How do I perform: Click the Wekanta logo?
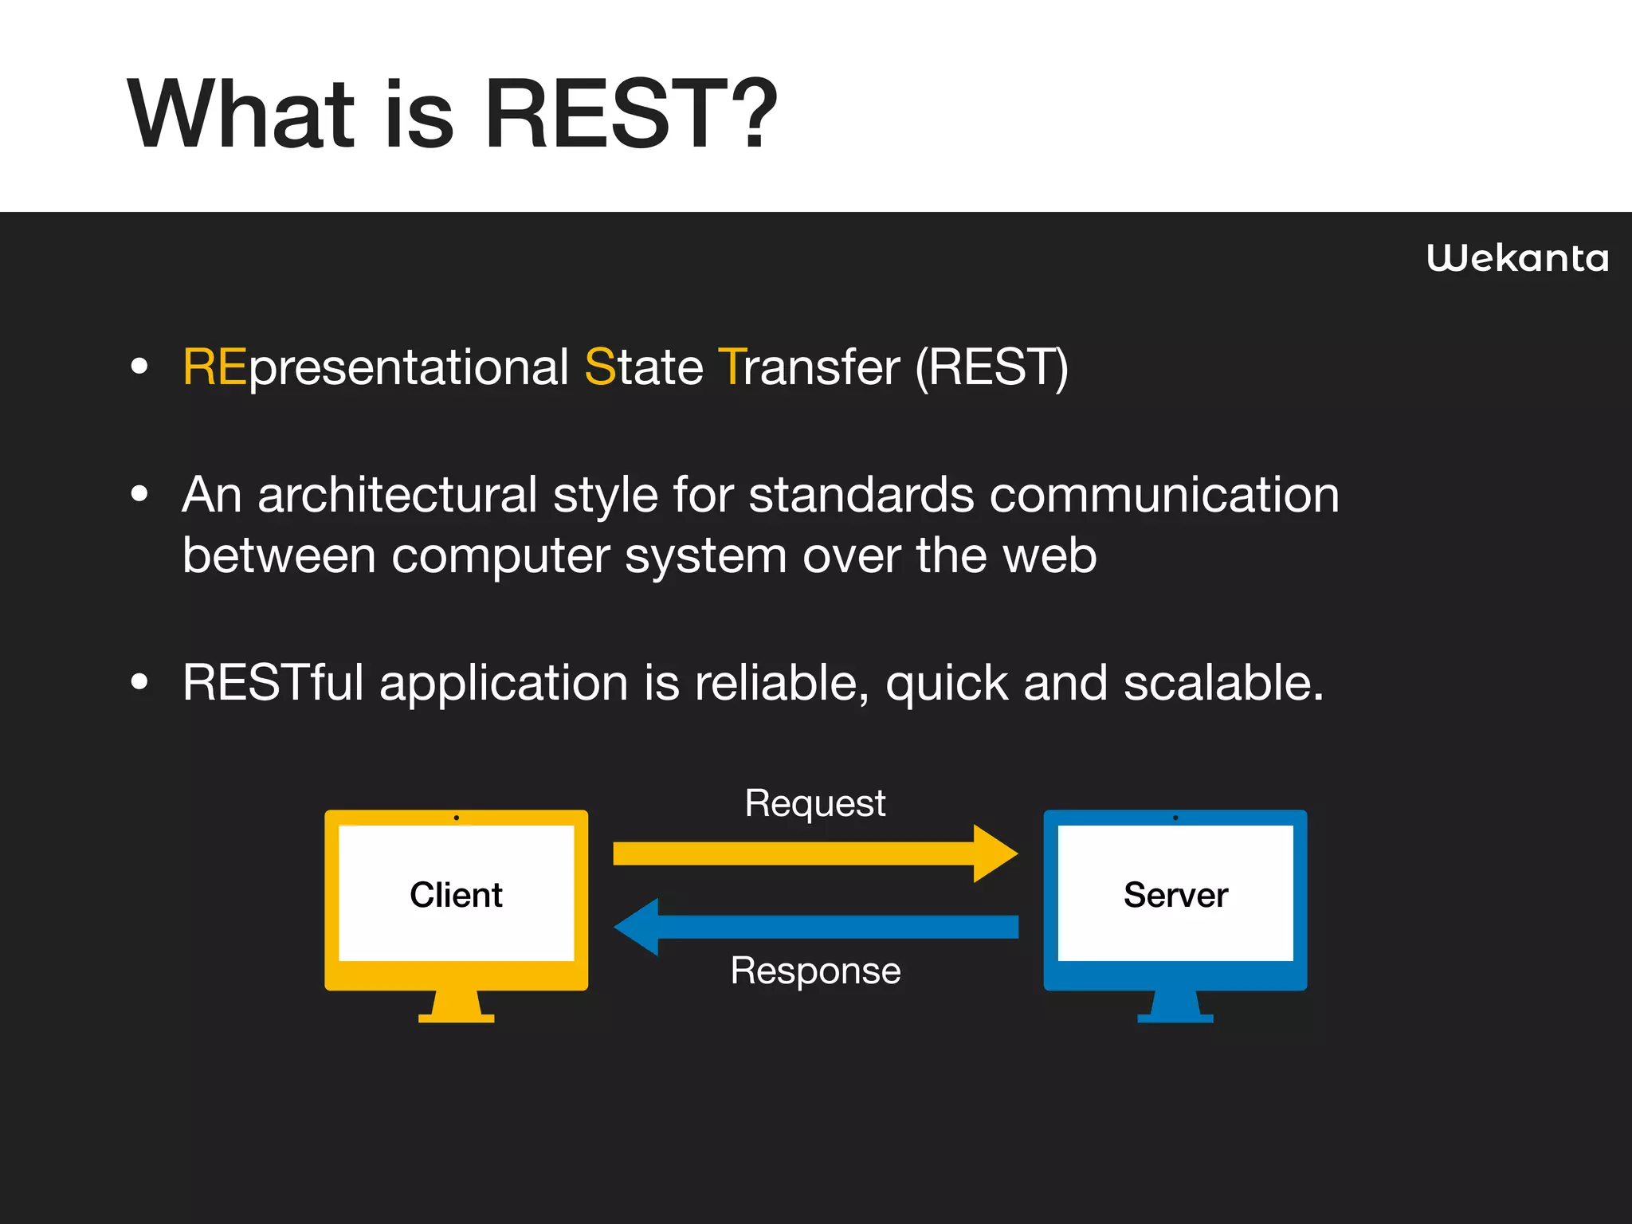click(x=1517, y=258)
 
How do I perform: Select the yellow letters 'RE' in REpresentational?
click(x=214, y=367)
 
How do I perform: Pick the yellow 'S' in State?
click(x=601, y=367)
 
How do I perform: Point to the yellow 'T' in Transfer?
click(x=732, y=367)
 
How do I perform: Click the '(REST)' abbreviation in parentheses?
click(x=991, y=367)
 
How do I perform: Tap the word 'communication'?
click(x=1164, y=495)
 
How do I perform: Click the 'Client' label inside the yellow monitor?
click(x=456, y=895)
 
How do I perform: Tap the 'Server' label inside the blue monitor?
click(x=1175, y=895)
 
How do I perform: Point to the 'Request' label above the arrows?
click(x=814, y=802)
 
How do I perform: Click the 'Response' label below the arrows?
click(x=815, y=971)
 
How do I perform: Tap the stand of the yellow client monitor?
click(x=457, y=1007)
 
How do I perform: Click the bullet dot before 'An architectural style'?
click(x=139, y=494)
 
